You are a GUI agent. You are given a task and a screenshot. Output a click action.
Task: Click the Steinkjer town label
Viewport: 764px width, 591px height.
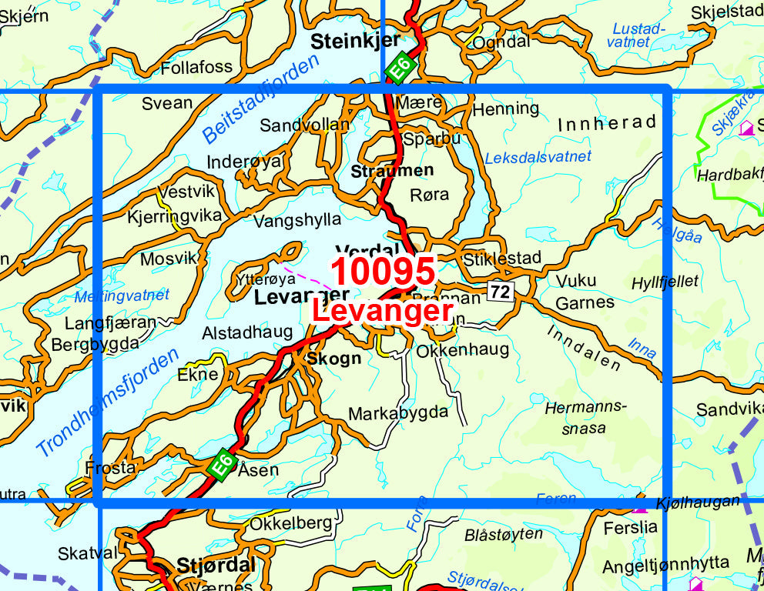point(355,42)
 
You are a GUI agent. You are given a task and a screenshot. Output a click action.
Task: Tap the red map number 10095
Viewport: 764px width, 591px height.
point(383,272)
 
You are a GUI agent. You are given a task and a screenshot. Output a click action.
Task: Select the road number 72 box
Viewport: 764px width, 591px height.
point(500,291)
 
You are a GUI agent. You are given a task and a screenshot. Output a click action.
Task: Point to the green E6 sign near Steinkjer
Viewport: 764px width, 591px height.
point(400,68)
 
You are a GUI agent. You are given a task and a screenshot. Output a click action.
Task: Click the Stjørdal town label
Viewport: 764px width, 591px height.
point(216,566)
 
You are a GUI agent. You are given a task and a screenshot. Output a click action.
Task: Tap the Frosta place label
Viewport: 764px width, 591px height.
point(111,467)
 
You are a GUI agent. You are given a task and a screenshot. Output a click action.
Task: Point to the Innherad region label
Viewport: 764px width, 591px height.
point(607,123)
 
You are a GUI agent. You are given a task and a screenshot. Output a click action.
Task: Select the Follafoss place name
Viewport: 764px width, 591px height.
point(196,68)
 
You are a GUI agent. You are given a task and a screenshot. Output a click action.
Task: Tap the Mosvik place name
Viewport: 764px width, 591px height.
point(169,259)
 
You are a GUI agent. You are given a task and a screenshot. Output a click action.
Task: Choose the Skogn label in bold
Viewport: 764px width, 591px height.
point(333,359)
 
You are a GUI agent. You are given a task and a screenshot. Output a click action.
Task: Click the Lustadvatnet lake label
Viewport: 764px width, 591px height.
point(635,35)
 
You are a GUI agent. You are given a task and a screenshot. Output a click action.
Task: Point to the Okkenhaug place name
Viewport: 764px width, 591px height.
point(462,350)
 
